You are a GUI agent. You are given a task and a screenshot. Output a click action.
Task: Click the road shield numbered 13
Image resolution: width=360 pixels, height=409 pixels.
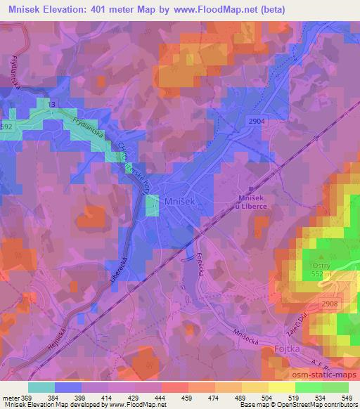(51, 104)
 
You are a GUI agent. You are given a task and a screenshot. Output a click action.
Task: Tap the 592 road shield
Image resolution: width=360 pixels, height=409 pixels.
(6, 127)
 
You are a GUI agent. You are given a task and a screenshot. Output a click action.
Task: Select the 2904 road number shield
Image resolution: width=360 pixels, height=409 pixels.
(256, 121)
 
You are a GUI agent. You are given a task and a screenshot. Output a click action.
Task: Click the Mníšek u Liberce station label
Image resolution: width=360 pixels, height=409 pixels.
(255, 202)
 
